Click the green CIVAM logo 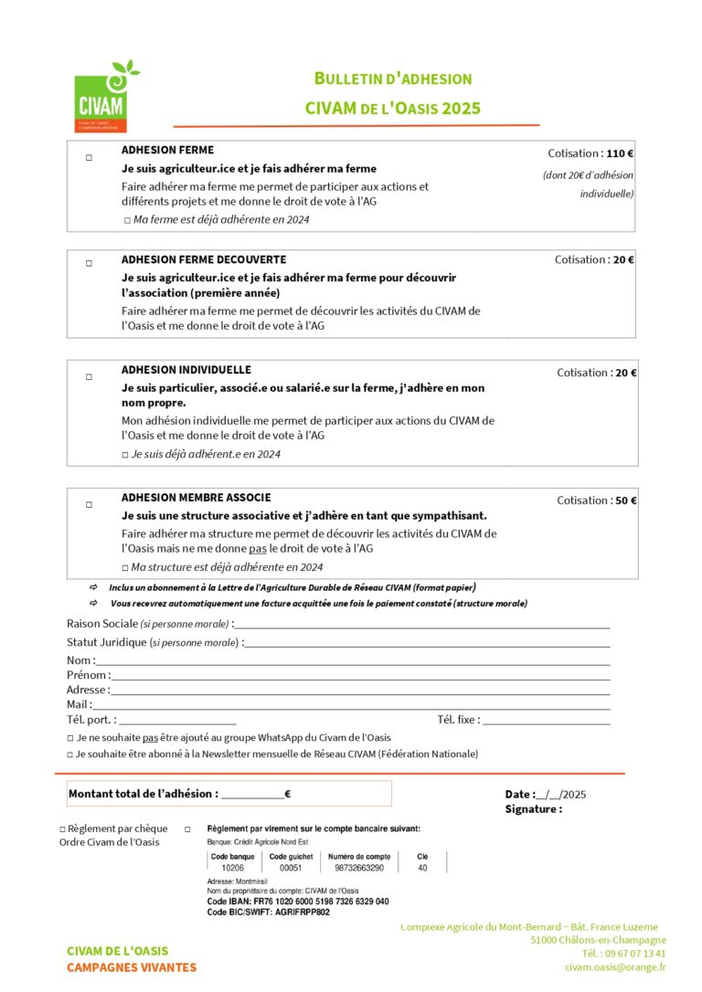(101, 96)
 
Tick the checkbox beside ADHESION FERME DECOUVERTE (89, 263)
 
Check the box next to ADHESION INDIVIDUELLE (89, 376)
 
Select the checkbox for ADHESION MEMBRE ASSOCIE (89, 504)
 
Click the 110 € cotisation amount (620, 153)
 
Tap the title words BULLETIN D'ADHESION (393, 79)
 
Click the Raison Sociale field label (101, 623)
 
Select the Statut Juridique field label (107, 642)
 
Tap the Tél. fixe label (458, 720)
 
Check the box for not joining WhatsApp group (70, 738)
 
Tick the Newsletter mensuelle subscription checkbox (70, 755)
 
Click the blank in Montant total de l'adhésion (251, 795)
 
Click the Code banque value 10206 (232, 868)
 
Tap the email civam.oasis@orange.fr (614, 966)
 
